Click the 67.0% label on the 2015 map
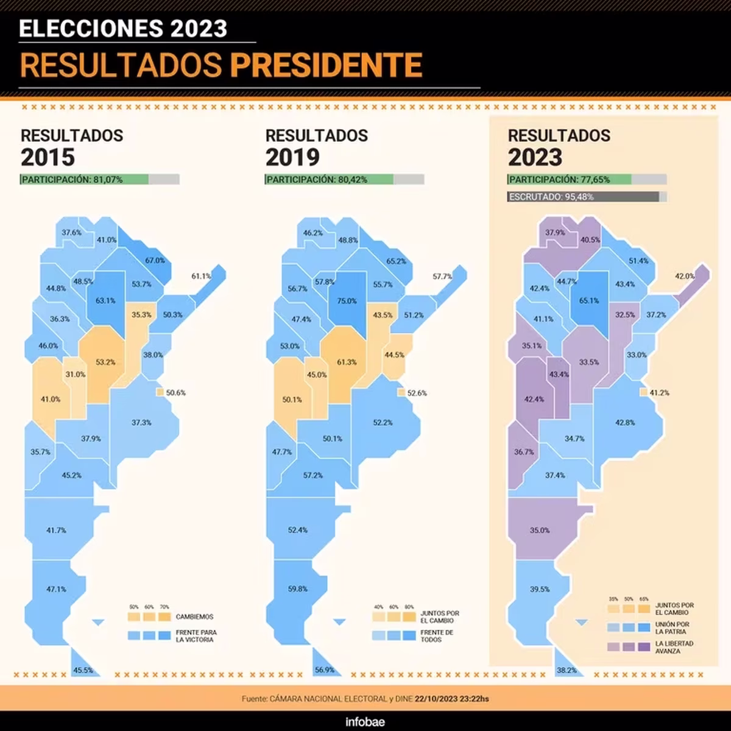(x=155, y=261)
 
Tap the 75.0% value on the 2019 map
(x=347, y=301)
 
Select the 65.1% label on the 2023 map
(x=589, y=301)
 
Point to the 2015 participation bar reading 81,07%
(x=100, y=180)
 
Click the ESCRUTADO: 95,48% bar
(x=587, y=197)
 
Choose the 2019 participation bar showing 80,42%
(x=344, y=180)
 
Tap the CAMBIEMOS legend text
(x=194, y=617)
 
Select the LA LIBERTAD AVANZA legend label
(x=674, y=648)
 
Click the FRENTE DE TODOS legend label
(x=437, y=637)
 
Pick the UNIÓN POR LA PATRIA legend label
(x=673, y=628)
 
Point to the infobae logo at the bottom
(x=365, y=722)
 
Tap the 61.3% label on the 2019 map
(x=347, y=362)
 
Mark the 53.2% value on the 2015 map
(x=105, y=362)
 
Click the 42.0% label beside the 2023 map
(x=685, y=277)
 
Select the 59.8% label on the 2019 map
(x=298, y=589)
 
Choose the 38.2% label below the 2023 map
(x=567, y=670)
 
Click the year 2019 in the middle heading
(x=292, y=158)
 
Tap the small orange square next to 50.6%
(x=160, y=393)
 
